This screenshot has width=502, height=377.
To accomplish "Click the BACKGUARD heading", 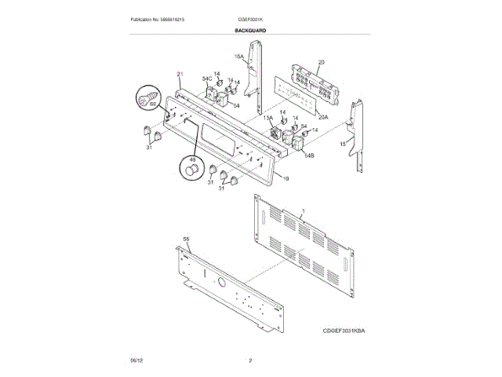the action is click(250, 30).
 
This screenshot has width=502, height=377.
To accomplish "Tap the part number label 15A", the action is click(239, 57).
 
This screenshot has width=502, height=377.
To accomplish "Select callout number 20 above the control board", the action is click(322, 62).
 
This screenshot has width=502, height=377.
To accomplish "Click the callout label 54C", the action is click(207, 79).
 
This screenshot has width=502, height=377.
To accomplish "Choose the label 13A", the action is click(268, 118).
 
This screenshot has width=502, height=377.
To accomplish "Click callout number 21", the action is click(180, 75).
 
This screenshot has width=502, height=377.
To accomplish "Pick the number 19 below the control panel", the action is click(286, 179).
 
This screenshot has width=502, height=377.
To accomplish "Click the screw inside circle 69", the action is click(145, 99).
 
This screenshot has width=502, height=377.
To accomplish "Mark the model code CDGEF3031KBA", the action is click(343, 331).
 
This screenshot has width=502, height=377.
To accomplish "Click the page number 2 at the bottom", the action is click(250, 361).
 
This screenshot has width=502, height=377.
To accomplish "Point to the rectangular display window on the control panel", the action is click(218, 137).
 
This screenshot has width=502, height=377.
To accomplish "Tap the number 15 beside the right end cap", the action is click(342, 145).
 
